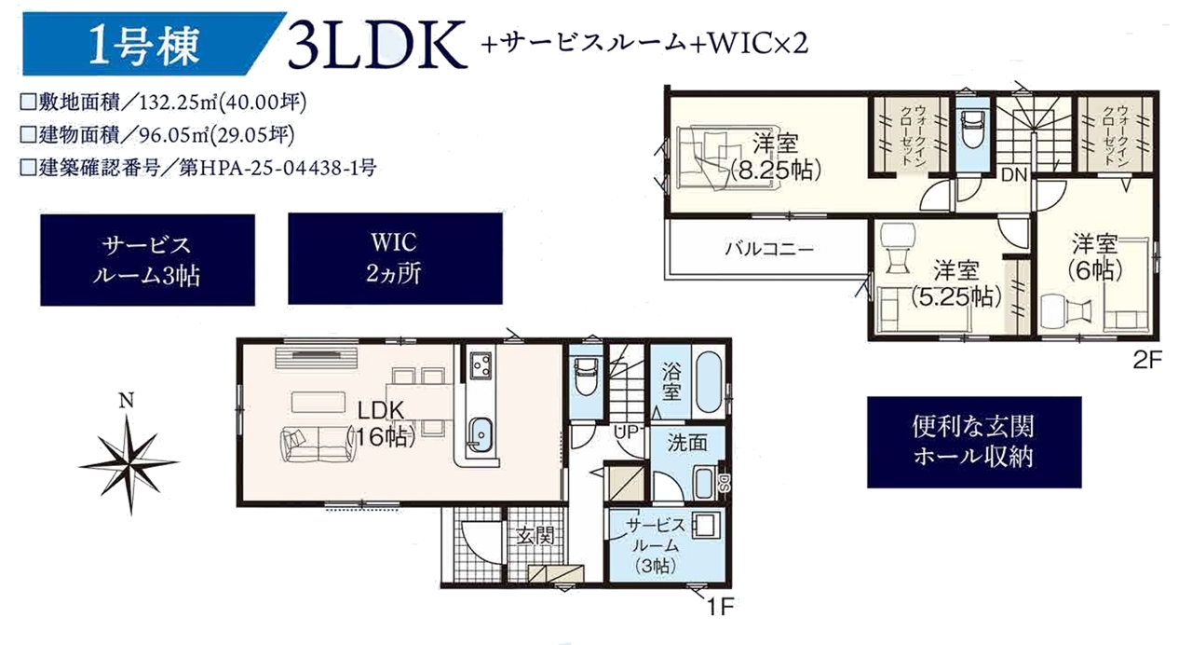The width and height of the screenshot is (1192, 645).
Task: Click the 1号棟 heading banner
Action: tap(155, 44)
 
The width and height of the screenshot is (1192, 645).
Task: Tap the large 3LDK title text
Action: tap(377, 46)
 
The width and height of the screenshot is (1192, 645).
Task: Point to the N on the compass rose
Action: tap(126, 401)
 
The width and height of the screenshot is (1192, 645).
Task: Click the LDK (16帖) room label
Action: tap(381, 423)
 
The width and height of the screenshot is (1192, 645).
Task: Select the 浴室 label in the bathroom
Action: tap(671, 382)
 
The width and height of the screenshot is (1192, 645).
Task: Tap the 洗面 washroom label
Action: tap(687, 443)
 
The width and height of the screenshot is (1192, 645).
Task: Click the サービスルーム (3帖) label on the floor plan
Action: tap(656, 545)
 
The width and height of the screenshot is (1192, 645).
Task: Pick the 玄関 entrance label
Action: tap(535, 536)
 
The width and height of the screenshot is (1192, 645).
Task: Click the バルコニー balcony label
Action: tap(769, 249)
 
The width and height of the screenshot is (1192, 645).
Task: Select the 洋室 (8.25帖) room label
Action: tap(776, 157)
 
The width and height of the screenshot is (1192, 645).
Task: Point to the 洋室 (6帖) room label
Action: tap(1094, 257)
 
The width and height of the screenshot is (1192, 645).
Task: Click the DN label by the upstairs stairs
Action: tap(1014, 174)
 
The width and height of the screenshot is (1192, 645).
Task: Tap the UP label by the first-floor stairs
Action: tap(626, 432)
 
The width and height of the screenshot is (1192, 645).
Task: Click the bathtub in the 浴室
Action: tap(709, 382)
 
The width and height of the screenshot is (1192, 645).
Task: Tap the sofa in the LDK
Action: tap(318, 443)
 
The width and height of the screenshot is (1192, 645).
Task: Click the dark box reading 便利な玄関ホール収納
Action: tap(974, 442)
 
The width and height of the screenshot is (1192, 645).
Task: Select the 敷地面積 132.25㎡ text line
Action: tap(163, 102)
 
